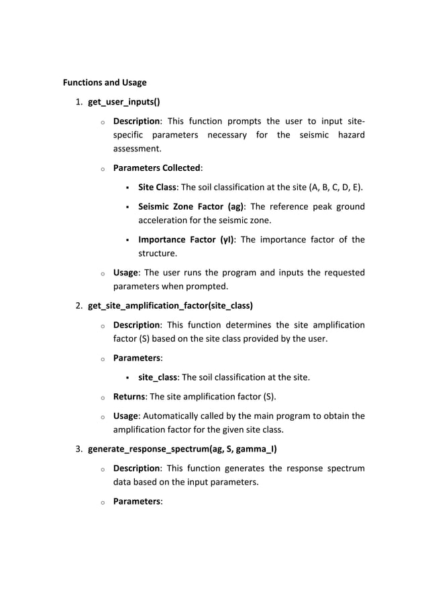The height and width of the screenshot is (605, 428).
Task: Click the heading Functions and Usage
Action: click(x=105, y=83)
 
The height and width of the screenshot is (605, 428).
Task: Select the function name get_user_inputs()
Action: click(x=123, y=103)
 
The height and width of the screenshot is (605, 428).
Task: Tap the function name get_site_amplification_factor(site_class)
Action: click(x=170, y=306)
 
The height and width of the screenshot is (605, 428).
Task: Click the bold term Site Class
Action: click(x=158, y=186)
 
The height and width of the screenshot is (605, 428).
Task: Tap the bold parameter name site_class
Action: click(x=159, y=377)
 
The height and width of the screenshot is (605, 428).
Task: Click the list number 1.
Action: click(x=78, y=103)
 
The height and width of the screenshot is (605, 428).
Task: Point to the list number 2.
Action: click(x=78, y=306)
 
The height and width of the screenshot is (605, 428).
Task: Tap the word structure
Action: click(x=158, y=254)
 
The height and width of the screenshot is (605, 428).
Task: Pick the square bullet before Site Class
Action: click(x=127, y=187)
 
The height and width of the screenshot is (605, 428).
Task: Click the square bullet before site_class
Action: click(x=127, y=378)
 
